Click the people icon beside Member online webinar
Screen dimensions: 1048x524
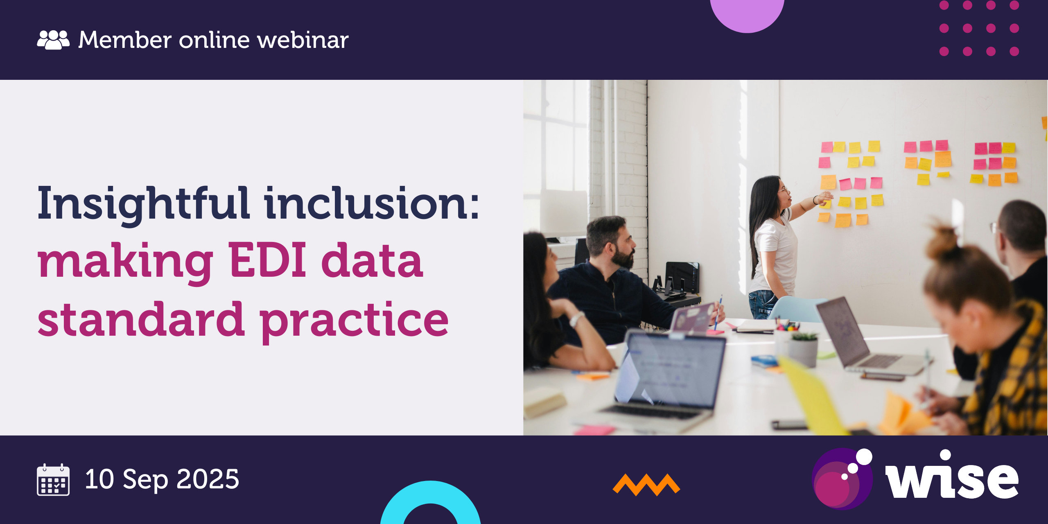coord(53,40)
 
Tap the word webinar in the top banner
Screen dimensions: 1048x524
coord(303,40)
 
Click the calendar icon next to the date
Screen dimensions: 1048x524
coord(53,480)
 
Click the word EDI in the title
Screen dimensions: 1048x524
coord(267,260)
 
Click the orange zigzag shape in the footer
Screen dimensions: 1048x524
coord(646,485)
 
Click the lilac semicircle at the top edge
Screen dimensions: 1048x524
coord(747,14)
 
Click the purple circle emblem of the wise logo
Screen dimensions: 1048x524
coord(841,479)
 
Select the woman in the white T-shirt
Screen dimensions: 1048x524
coord(774,246)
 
